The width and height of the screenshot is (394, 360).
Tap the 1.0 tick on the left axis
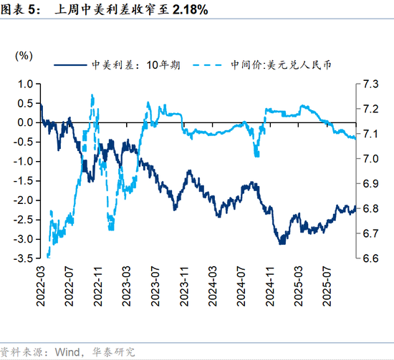(x=25, y=84)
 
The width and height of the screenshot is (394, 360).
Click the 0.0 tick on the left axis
(x=25, y=122)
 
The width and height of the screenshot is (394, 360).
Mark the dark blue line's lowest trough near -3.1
(x=281, y=243)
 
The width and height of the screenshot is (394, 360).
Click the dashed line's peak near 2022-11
(x=92, y=95)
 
